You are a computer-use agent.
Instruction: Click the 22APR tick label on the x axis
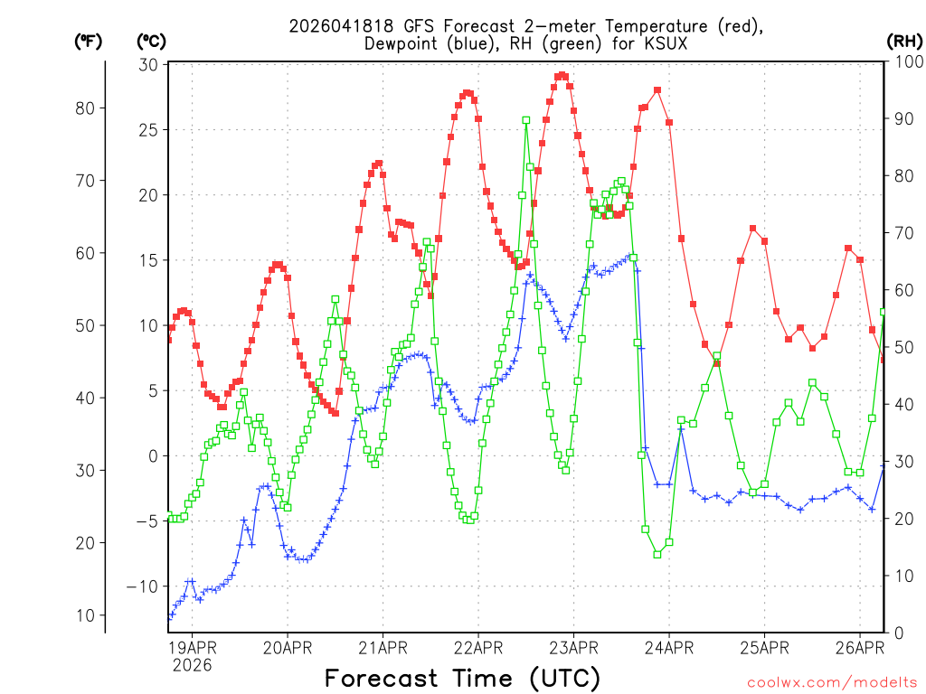pos(477,647)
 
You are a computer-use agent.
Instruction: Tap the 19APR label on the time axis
pos(192,647)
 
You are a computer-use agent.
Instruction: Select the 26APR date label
pos(859,647)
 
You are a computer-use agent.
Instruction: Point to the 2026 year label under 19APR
pos(192,665)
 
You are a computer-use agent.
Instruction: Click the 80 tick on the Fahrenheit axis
pos(88,108)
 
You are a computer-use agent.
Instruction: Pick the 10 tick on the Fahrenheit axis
pos(88,615)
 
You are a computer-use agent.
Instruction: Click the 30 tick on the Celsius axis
pos(149,64)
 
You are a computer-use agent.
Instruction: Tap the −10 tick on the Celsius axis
pos(144,586)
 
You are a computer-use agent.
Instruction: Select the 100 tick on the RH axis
pos(904,61)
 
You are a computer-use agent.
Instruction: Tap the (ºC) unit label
pos(151,41)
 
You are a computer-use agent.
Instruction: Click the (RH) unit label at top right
pos(904,41)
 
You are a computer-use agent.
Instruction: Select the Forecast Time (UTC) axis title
pos(462,678)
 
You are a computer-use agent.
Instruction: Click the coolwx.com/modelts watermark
pos(831,682)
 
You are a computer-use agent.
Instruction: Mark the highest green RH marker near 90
pos(525,120)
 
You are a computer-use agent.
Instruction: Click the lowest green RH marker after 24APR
pos(657,554)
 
